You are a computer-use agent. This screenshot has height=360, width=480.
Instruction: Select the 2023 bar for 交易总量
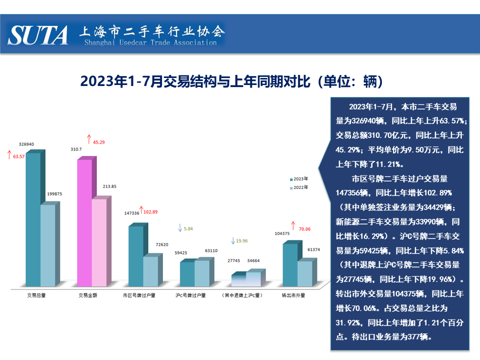(x=33, y=220)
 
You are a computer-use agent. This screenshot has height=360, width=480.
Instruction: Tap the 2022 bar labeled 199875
(x=48, y=245)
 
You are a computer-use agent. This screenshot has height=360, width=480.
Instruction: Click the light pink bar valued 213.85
(x=99, y=243)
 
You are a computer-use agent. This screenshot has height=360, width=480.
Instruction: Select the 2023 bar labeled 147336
(x=135, y=256)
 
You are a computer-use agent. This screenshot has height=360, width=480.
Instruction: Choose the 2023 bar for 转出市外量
(x=290, y=265)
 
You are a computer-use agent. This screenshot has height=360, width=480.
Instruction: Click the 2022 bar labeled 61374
(x=304, y=273)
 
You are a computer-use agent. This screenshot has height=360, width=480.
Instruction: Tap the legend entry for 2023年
(x=299, y=178)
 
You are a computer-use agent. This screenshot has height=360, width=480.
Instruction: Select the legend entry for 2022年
(x=299, y=187)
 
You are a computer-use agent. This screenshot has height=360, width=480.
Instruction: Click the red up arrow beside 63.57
(x=8, y=155)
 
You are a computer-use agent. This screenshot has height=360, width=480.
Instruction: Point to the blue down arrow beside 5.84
(x=179, y=228)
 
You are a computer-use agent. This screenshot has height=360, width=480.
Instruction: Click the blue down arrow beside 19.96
(x=232, y=241)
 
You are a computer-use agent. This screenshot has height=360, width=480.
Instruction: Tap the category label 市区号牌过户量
(x=139, y=295)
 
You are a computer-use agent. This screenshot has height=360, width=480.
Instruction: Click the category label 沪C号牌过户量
(x=191, y=295)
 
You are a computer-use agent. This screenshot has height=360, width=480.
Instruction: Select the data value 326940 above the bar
(x=26, y=144)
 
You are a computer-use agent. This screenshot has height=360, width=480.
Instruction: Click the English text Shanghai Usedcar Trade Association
(x=150, y=43)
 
